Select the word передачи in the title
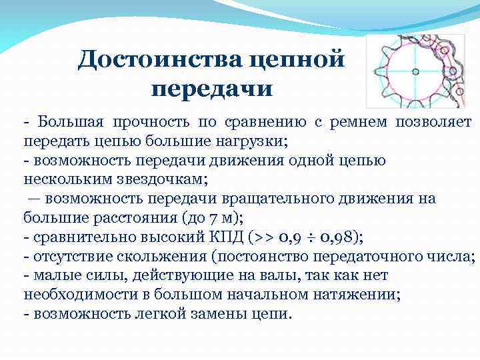[x=213, y=87]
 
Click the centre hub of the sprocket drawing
[x=414, y=70]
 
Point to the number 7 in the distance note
[x=212, y=217]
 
